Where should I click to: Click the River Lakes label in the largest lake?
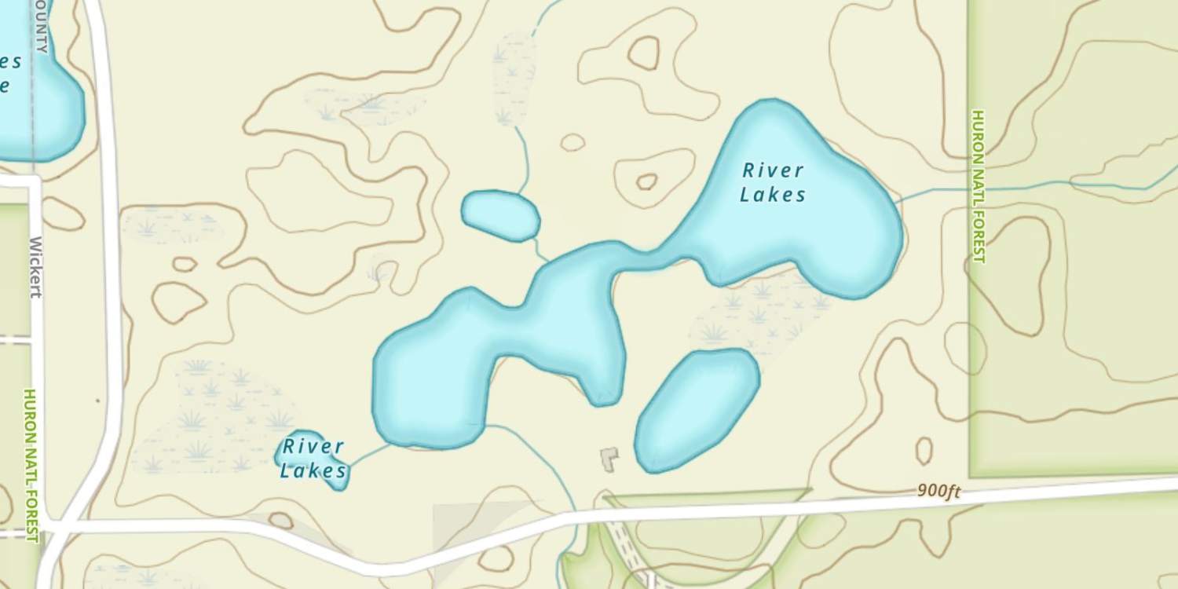[x=774, y=182]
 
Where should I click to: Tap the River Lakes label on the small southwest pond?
[x=313, y=459]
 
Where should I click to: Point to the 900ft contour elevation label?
[x=938, y=492]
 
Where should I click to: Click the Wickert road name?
[x=35, y=267]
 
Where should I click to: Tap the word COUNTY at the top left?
[x=41, y=27]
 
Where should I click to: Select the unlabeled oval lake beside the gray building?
[x=696, y=410]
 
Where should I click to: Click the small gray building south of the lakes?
[x=609, y=459]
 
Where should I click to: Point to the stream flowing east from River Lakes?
[x=1021, y=187]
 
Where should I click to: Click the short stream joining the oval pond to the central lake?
[x=540, y=251]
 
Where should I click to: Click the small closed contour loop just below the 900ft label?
[x=924, y=451]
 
